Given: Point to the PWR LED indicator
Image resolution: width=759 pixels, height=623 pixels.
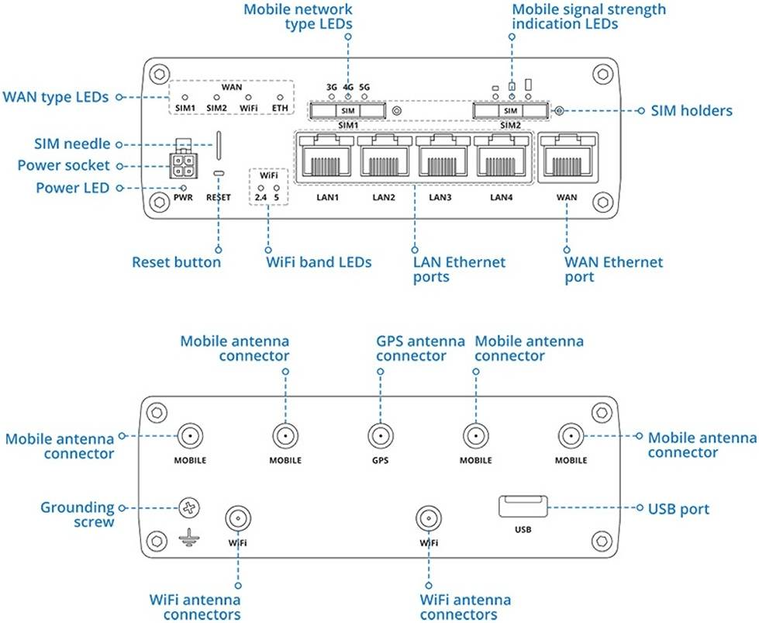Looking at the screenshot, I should [x=184, y=187].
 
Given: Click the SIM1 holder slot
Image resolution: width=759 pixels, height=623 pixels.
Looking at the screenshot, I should [x=348, y=112].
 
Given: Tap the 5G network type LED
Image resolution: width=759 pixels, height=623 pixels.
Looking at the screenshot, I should [x=364, y=99].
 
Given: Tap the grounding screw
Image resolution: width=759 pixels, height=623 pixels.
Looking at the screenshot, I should [x=189, y=509].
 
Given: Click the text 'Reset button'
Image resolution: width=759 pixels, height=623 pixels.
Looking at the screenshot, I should [x=176, y=262].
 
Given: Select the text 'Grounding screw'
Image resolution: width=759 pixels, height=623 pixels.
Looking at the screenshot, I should [x=78, y=514].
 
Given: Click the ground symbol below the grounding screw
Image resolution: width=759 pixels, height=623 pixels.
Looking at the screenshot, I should [x=186, y=535].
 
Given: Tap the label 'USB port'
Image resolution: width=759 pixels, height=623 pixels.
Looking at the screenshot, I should [x=678, y=509].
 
